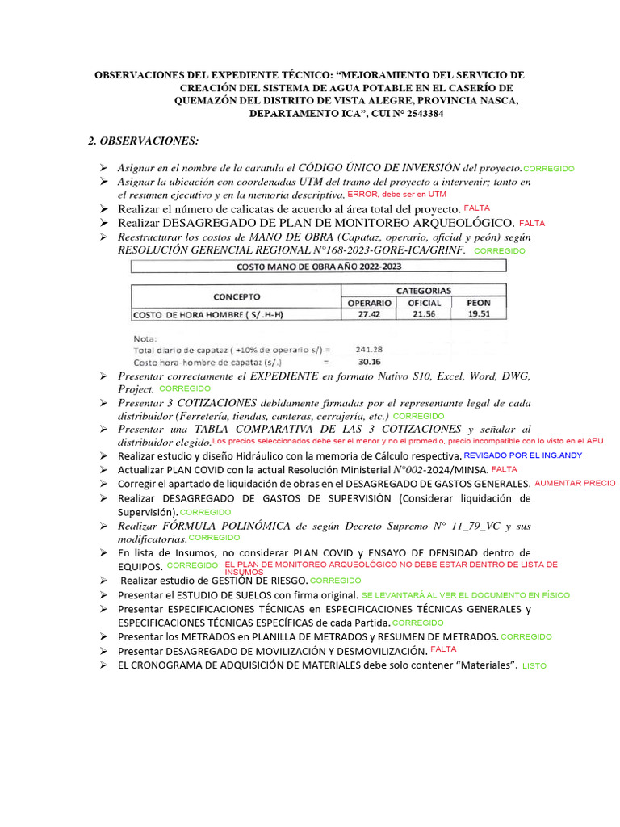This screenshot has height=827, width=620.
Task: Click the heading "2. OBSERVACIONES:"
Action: pyautogui.click(x=143, y=141)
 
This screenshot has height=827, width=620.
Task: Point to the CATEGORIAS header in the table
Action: pyautogui.click(x=424, y=289)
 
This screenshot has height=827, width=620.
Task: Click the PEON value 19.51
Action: pyautogui.click(x=478, y=314)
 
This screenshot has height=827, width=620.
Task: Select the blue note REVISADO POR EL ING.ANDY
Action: pyautogui.click(x=523, y=455)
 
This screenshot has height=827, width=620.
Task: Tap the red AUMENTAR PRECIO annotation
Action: pyautogui.click(x=575, y=483)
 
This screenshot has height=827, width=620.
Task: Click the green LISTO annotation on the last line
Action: pyautogui.click(x=534, y=666)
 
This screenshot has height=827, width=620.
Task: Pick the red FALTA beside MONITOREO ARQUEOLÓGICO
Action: pyautogui.click(x=532, y=222)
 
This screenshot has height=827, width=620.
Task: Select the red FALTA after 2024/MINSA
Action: pyautogui.click(x=505, y=469)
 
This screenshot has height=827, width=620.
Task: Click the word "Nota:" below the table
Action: pyautogui.click(x=146, y=338)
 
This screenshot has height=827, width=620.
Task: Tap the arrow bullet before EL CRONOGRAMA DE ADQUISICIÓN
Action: pyautogui.click(x=104, y=665)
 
